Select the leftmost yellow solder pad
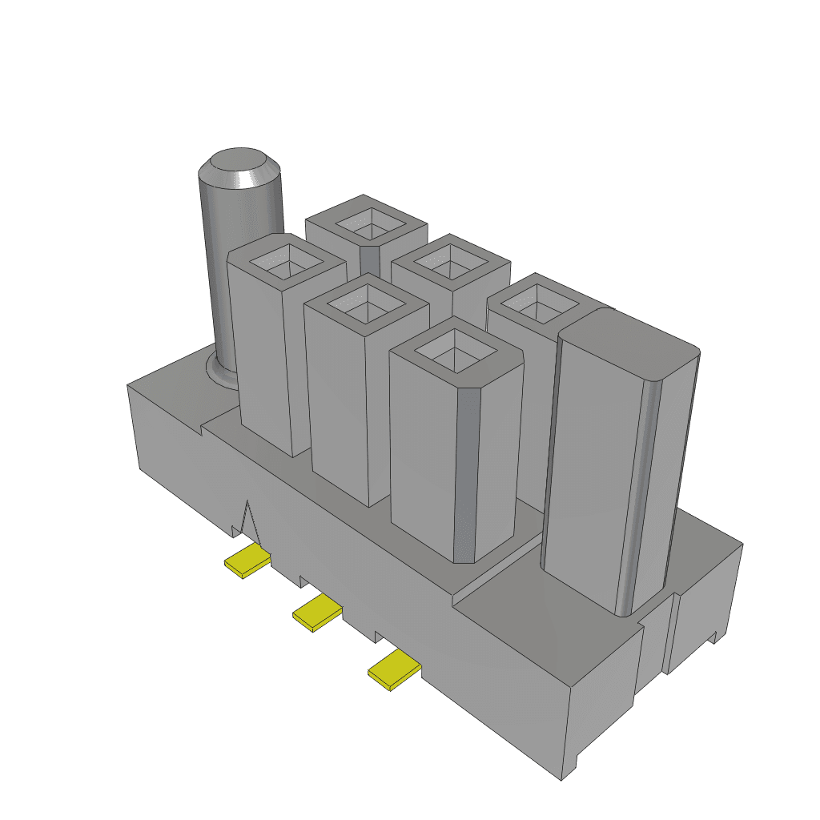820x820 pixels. pos(247,561)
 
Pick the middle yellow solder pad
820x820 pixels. pos(317,613)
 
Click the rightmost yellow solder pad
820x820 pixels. pos(394,669)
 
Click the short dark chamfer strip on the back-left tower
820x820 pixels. pos(369,260)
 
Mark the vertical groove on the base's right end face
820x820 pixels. pos(671,633)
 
